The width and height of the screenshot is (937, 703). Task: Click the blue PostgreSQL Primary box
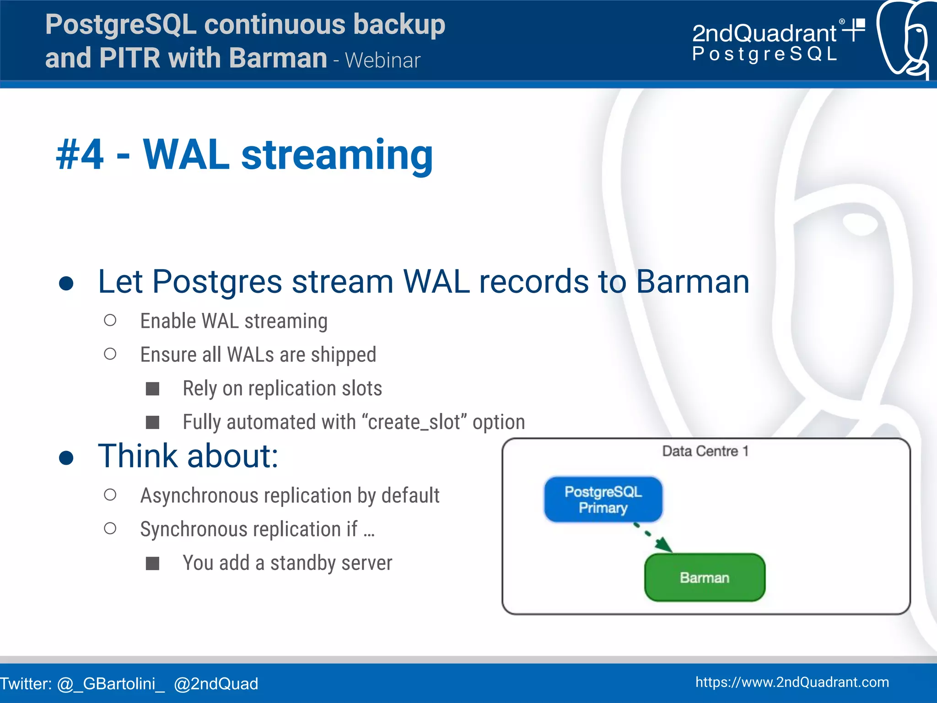[x=603, y=499]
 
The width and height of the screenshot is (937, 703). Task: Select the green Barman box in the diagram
[x=705, y=578]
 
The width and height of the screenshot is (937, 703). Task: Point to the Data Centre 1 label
[x=705, y=451]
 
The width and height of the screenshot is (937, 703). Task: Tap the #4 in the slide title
[x=80, y=156]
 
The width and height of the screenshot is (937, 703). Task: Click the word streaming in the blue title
[x=337, y=156]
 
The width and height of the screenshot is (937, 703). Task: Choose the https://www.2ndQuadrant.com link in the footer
[x=792, y=682]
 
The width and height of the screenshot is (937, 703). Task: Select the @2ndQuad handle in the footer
[x=216, y=684]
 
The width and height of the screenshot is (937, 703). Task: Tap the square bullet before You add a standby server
[x=152, y=563]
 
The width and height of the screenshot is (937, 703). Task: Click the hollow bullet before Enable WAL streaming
[x=110, y=320]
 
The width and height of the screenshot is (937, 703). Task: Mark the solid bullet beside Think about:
[x=66, y=457]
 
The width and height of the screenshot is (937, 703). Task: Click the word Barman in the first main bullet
[x=692, y=282]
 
